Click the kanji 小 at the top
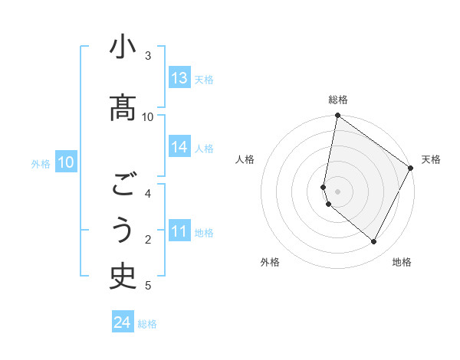tap(123, 49)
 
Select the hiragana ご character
tap(123, 185)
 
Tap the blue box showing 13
tap(179, 78)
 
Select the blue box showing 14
tap(179, 147)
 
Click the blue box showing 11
tap(179, 231)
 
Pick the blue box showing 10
tap(66, 162)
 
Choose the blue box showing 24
tap(123, 322)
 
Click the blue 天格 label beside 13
tap(204, 79)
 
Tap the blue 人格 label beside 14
tap(204, 148)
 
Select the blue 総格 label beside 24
tap(147, 324)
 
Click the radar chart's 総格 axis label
tap(338, 100)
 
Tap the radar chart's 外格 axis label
tap(270, 262)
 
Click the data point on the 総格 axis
tap(338, 116)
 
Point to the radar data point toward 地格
tap(374, 242)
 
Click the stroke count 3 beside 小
tap(148, 55)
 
